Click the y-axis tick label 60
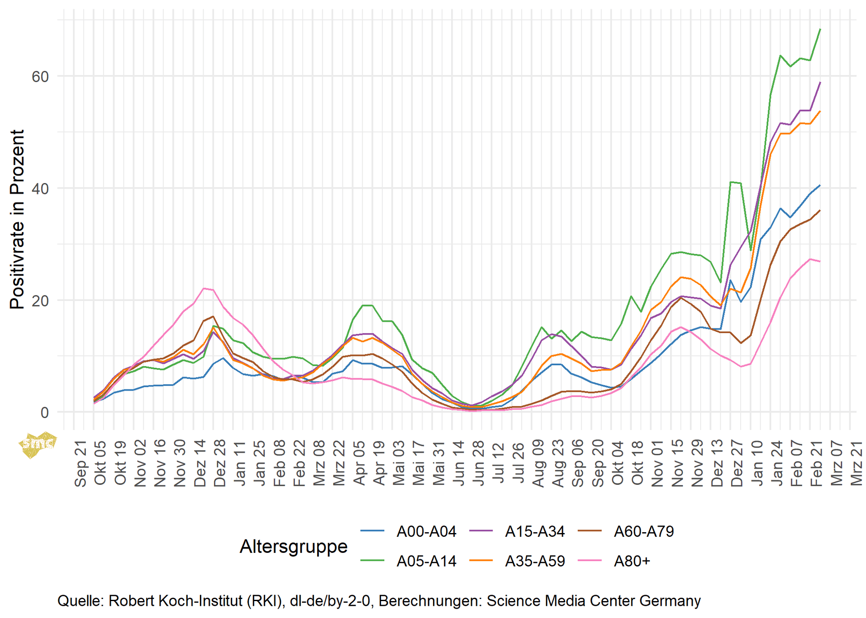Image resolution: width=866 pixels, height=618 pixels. [40, 77]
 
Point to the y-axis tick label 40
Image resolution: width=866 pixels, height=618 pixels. [40, 189]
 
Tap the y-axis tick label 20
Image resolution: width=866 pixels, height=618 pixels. [40, 301]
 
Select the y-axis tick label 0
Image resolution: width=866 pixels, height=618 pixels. [44, 413]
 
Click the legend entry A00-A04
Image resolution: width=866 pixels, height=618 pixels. [426, 532]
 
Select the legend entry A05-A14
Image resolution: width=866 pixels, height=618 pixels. [426, 561]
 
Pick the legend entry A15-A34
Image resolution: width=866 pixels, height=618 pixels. [535, 532]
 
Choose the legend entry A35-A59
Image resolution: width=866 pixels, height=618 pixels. [535, 561]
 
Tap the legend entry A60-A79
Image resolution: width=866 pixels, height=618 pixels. [644, 532]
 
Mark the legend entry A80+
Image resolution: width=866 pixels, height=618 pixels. [632, 561]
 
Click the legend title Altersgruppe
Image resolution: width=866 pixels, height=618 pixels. [293, 547]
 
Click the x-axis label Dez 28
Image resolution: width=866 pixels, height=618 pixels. [220, 463]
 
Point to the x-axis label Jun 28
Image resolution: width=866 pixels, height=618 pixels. [478, 463]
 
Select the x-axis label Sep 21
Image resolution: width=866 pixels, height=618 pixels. [80, 463]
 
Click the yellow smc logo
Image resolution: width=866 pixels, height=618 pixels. [38, 444]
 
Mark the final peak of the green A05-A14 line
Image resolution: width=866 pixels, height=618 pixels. [820, 29]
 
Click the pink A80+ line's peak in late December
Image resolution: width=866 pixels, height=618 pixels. [204, 288]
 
